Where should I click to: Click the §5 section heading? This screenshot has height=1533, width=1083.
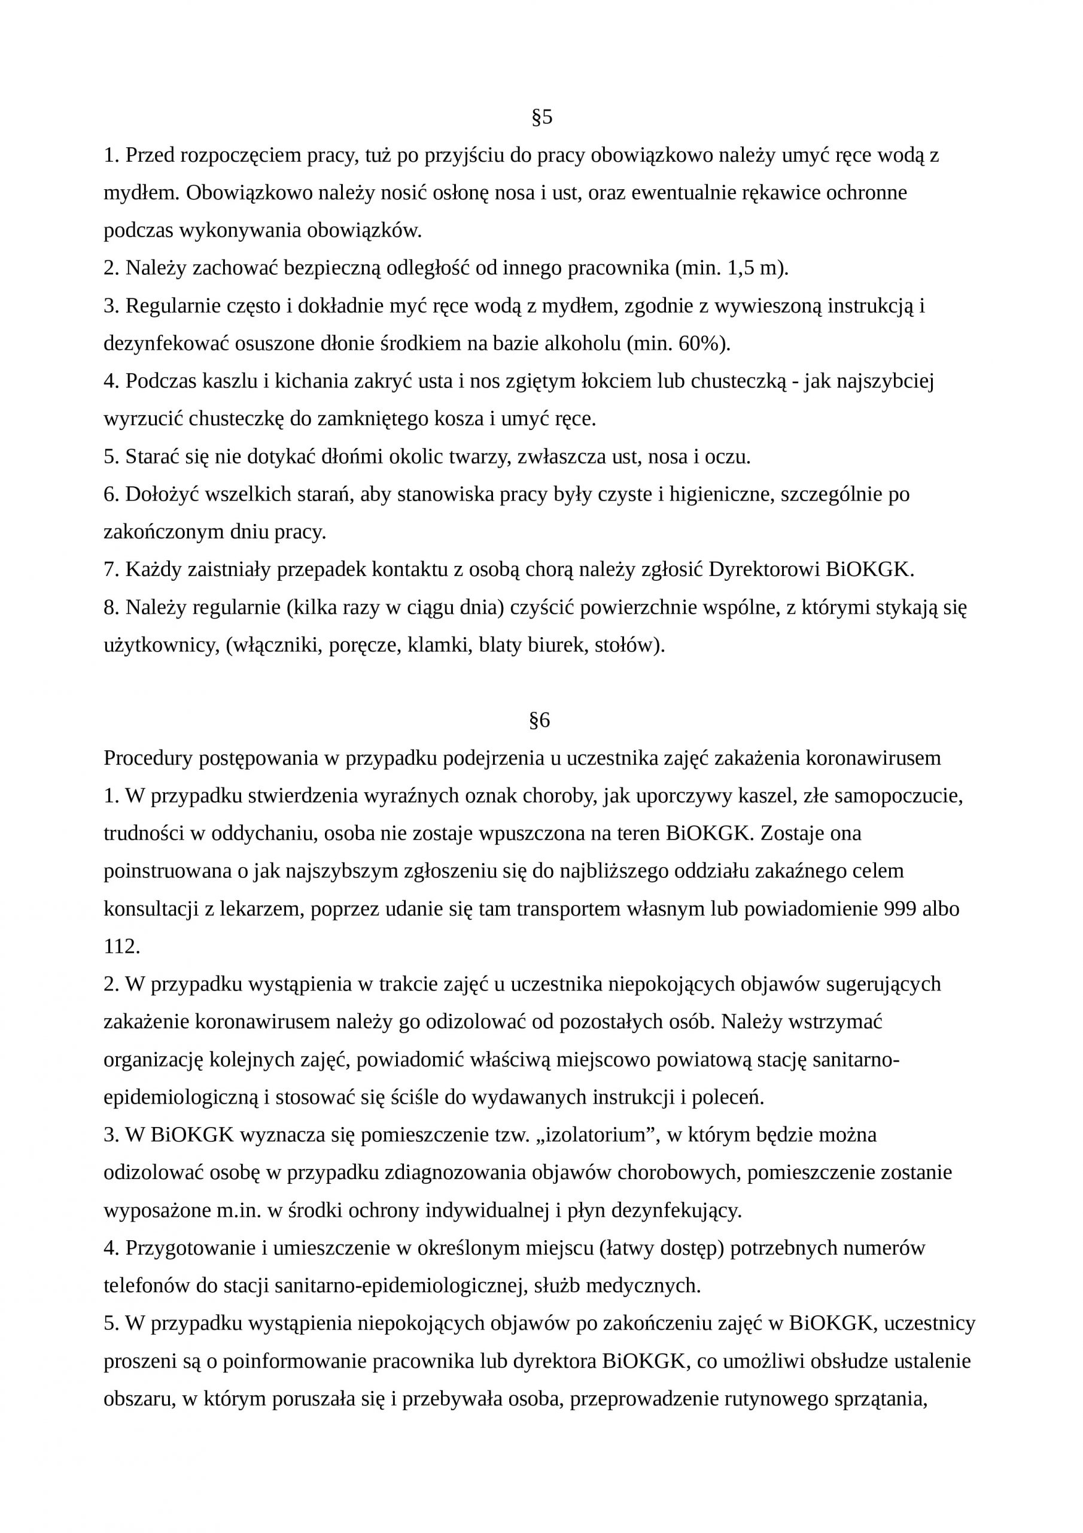(542, 117)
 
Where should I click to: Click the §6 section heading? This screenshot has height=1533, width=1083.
(539, 720)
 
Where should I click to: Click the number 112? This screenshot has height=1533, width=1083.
(120, 947)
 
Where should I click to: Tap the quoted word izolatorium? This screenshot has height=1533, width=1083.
(594, 1134)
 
